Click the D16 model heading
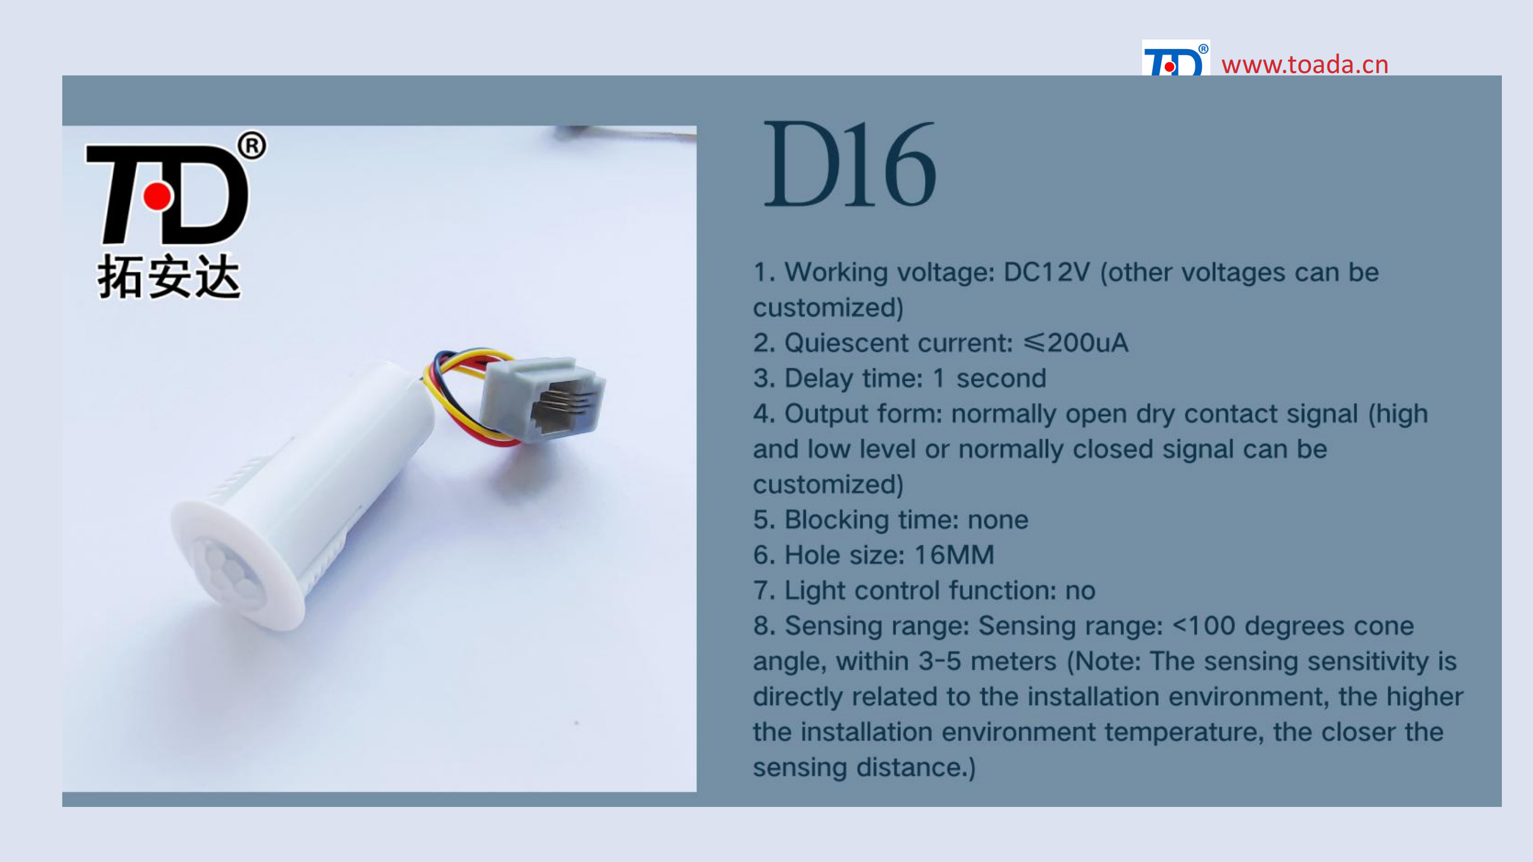pyautogui.click(x=851, y=163)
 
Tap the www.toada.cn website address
pyautogui.click(x=1305, y=65)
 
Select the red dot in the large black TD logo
pyautogui.click(x=157, y=196)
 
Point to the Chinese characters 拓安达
pyautogui.click(x=169, y=277)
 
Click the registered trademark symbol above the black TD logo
pyautogui.click(x=252, y=145)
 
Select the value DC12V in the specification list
pyautogui.click(x=1047, y=272)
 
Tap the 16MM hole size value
pyautogui.click(x=954, y=555)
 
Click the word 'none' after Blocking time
pyautogui.click(x=998, y=520)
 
